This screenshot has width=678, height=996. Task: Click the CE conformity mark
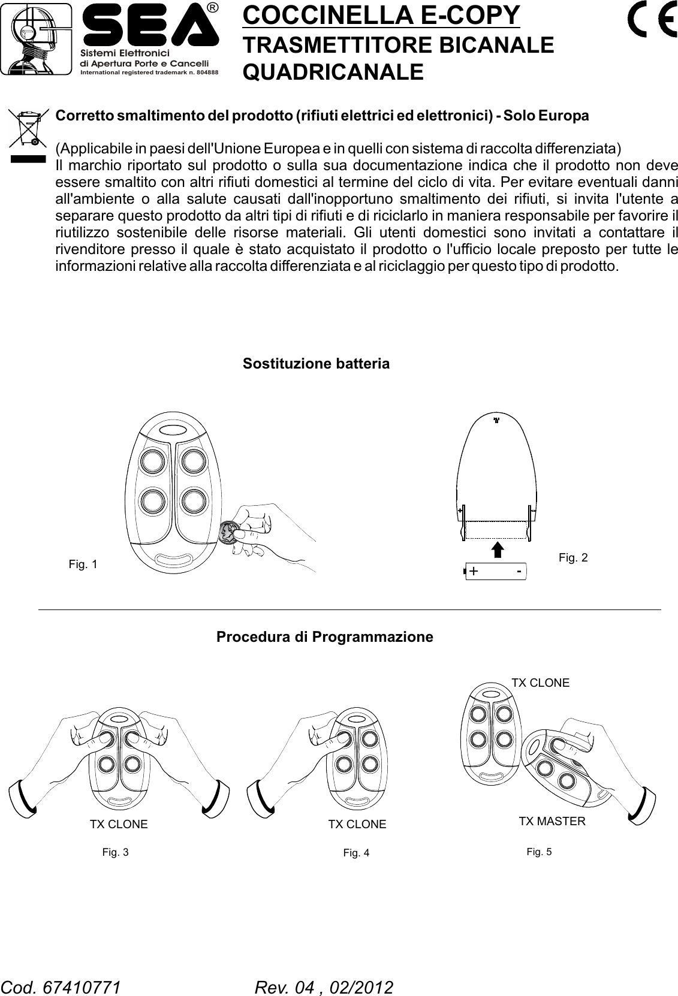tap(650, 21)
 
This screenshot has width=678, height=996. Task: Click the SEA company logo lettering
tap(150, 27)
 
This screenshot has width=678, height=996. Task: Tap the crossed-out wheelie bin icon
tap(28, 128)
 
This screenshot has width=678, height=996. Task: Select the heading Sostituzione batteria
tap(315, 364)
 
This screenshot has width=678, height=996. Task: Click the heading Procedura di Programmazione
tap(324, 636)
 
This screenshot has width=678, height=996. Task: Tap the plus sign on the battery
tap(474, 571)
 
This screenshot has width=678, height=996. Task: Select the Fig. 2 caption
tap(572, 558)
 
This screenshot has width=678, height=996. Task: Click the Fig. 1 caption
tap(83, 565)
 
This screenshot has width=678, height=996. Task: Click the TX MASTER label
tap(552, 821)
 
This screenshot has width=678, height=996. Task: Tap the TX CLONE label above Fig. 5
tap(540, 683)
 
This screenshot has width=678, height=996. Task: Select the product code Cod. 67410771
tap(61, 987)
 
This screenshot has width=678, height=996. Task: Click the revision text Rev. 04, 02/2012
tap(324, 987)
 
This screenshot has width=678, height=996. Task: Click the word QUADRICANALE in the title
tap(333, 73)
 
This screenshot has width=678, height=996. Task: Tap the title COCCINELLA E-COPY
tap(381, 16)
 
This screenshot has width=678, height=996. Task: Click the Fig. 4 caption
tap(356, 853)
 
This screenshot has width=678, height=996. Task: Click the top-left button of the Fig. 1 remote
tap(152, 461)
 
